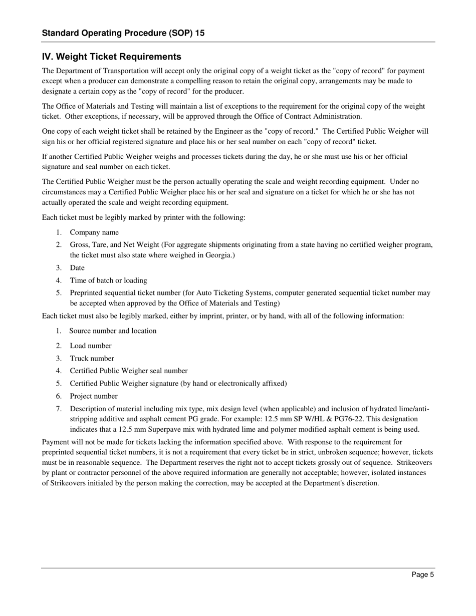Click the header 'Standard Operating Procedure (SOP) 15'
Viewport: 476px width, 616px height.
pyautogui.click(x=123, y=34)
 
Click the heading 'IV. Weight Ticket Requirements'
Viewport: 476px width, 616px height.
pyautogui.click(x=111, y=57)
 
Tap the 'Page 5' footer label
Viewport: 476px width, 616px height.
pyautogui.click(x=423, y=575)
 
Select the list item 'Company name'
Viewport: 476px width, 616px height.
pyautogui.click(x=94, y=232)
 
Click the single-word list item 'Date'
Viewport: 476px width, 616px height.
pyautogui.click(x=77, y=268)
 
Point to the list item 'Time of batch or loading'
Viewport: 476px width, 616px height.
pyautogui.click(x=108, y=280)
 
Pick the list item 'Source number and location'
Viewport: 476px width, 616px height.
pyautogui.click(x=113, y=331)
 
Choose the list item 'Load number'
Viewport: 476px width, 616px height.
pyautogui.click(x=91, y=346)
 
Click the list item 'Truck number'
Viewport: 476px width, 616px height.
pyautogui.click(x=92, y=359)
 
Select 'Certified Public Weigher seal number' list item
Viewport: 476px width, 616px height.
pyautogui.click(x=129, y=371)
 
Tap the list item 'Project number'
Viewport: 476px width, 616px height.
pyautogui.click(x=94, y=396)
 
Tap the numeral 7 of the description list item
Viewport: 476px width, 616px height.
pyautogui.click(x=59, y=409)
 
